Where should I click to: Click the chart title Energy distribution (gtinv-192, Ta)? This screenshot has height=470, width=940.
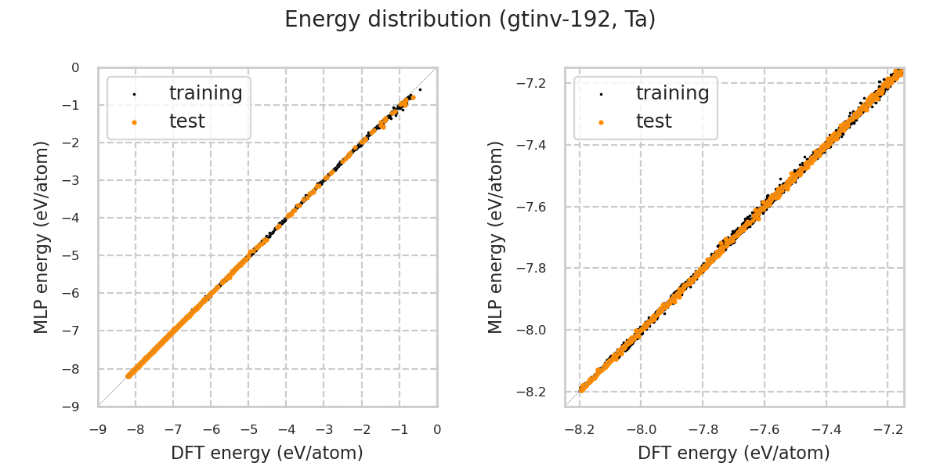470,20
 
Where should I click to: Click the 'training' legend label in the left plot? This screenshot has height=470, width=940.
205,93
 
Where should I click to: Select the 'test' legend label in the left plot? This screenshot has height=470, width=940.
186,121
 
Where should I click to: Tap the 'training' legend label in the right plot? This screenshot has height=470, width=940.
672,93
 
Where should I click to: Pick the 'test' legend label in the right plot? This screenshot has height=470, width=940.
653,121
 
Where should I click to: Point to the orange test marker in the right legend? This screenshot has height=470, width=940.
601,122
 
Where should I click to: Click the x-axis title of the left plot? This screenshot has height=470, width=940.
267,453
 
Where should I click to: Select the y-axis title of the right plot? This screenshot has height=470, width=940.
496,237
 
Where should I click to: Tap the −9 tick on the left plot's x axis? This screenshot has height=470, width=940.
98,429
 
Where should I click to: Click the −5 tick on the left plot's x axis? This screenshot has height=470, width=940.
248,429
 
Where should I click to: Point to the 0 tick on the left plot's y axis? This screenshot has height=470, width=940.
75,68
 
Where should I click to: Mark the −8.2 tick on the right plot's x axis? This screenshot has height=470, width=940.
580,429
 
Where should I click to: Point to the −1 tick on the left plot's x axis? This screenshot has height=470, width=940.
399,429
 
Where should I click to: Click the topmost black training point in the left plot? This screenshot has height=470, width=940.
420,90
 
